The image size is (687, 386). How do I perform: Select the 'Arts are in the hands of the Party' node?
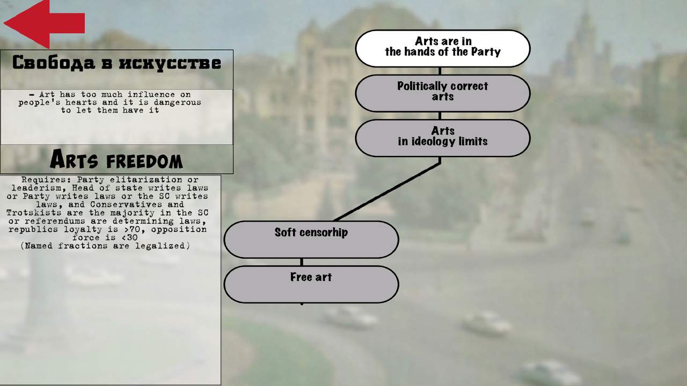coord(443,48)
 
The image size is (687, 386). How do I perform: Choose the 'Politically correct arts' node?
coord(443,93)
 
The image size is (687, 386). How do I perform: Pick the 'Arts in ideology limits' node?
coord(443,138)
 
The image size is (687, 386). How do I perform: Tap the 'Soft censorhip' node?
coord(311,239)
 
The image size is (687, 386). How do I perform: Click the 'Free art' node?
coord(311,284)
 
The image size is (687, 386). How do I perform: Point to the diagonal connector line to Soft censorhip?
coord(387,191)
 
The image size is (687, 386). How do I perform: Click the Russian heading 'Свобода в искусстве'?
coord(116,63)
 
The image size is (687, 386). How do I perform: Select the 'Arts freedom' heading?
coord(116,159)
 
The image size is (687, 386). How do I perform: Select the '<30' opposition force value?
coord(129,237)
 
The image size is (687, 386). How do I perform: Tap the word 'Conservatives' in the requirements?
coord(126,204)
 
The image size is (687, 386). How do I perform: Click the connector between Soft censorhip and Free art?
coord(302,262)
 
